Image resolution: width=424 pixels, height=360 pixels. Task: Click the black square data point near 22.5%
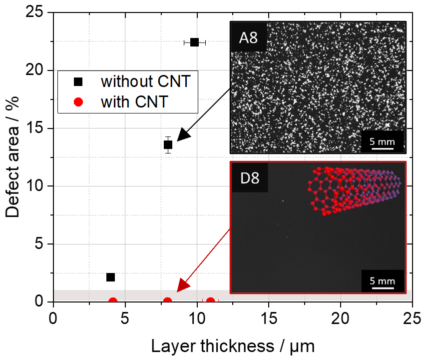[x=195, y=42]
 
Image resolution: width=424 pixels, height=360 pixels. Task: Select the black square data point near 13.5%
[x=168, y=145]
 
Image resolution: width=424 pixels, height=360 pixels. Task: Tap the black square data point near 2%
[x=110, y=277]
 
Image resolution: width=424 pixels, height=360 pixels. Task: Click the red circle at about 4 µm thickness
[x=113, y=301]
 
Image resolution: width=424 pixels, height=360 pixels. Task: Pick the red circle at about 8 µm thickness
[x=168, y=301]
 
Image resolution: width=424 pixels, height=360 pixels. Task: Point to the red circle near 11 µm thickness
[x=211, y=301]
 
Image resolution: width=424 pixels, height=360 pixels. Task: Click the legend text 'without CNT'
[x=145, y=81]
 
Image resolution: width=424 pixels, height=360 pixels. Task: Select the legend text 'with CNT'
[x=133, y=102]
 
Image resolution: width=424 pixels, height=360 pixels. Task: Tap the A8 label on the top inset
[x=248, y=37]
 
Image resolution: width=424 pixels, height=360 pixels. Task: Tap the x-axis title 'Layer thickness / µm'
[x=232, y=345]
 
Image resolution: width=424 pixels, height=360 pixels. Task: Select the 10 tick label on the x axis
[x=196, y=318]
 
